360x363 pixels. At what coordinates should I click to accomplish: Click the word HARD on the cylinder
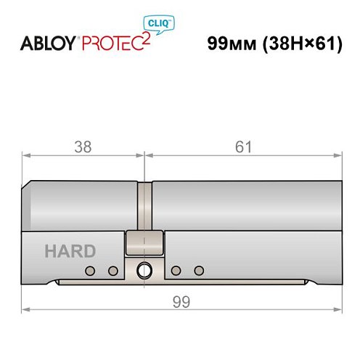70,252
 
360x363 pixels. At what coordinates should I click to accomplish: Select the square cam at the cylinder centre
144,242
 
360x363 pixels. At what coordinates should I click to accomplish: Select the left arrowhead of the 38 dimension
25,154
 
